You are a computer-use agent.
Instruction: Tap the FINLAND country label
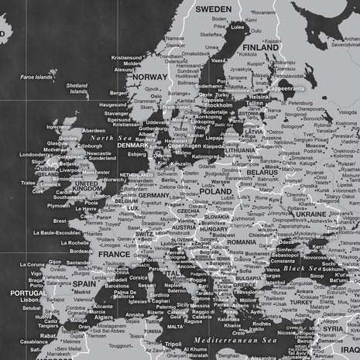tap(259, 46)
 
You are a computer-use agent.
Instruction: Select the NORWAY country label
tap(149, 77)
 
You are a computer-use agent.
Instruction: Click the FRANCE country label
tap(114, 253)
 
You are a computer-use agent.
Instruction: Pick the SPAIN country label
tap(84, 283)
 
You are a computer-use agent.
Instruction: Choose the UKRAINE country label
tap(311, 213)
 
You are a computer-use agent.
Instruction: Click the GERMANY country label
tap(153, 195)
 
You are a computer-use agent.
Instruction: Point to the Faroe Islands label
tap(36, 77)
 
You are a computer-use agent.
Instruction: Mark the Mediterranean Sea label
tap(231, 340)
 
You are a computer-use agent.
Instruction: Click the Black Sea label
tap(303, 268)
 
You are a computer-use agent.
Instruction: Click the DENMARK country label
tap(133, 145)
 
